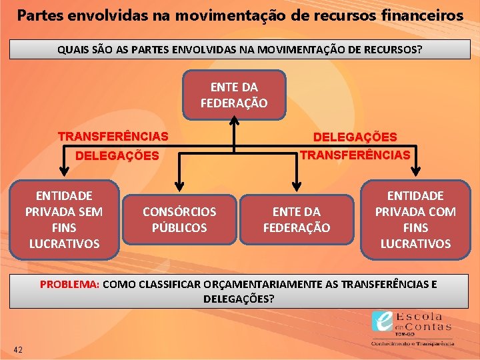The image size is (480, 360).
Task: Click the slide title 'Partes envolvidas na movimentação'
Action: [x=240, y=15]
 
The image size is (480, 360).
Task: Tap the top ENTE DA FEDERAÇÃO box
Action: [x=234, y=95]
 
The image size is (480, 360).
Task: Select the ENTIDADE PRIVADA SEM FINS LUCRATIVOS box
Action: [x=64, y=219]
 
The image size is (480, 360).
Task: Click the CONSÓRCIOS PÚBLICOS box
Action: [x=179, y=219]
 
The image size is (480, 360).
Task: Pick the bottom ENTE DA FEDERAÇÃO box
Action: [x=296, y=219]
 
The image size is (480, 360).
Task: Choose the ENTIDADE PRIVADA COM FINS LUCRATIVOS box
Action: [x=415, y=219]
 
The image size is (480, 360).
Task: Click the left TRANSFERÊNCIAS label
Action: [x=113, y=137]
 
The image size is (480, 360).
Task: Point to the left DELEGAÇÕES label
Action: [x=117, y=156]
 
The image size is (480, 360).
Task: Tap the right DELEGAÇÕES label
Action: [x=355, y=137]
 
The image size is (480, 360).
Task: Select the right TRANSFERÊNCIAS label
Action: [x=355, y=155]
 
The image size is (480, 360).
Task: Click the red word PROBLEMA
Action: [x=69, y=285]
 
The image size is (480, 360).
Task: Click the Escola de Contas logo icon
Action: [x=383, y=323]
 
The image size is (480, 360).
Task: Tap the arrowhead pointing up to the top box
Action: [x=234, y=122]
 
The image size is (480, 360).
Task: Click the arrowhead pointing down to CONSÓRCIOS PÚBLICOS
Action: [x=179, y=187]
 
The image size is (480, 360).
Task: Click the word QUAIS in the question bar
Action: [x=71, y=50]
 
